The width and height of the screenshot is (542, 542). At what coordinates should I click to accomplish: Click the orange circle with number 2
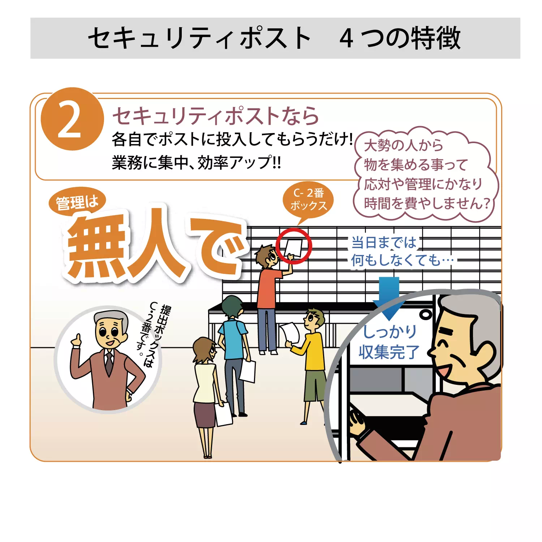point(72,119)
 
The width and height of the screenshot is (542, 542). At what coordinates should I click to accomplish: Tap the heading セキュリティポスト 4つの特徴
point(275,38)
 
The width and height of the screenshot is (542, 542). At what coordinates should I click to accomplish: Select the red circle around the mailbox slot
point(294,246)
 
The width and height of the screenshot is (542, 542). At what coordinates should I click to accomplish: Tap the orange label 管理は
point(77,202)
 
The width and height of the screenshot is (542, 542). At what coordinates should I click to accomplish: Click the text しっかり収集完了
point(389,342)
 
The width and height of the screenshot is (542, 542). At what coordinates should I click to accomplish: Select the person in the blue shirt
point(233,347)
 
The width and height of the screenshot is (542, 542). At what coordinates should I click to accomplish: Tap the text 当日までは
point(384,242)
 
